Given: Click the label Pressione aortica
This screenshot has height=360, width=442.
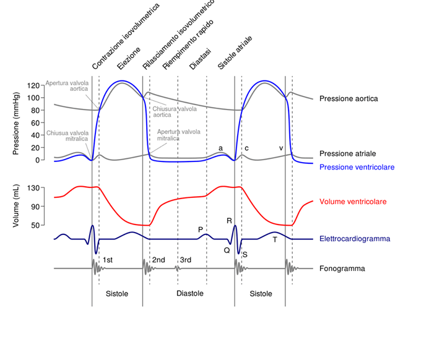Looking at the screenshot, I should tap(349, 98).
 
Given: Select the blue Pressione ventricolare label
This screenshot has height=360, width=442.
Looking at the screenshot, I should tap(357, 167).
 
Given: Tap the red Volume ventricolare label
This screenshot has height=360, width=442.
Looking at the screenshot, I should tap(353, 202).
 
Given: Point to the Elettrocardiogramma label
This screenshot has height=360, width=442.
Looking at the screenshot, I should tap(355, 239).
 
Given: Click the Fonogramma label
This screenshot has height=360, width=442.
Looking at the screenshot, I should tap(342, 268).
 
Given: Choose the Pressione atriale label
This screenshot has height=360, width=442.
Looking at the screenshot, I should tap(348, 153).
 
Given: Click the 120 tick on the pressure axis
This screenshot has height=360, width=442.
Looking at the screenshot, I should tap(33, 85).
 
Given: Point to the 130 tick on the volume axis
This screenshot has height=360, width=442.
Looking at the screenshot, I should tap(33, 187).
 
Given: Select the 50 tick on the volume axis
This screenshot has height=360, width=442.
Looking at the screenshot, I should tap(35, 225).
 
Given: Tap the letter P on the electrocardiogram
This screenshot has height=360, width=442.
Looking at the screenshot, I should tap(201, 229).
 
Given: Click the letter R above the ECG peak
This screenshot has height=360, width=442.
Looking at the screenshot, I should tap(230, 220).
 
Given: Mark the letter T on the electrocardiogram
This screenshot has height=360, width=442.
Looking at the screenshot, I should tap(275, 240).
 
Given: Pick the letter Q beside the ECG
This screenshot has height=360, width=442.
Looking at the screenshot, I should tap(227, 250).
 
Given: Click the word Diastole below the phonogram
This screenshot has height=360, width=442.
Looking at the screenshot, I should tap(191, 293).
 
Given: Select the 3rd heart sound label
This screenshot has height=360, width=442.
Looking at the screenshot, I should tap(185, 260).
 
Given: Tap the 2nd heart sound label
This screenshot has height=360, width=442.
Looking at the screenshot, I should tap(158, 260).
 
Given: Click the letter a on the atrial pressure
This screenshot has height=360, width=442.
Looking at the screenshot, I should tap(220, 148).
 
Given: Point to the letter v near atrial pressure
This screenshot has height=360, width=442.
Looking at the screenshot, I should tap(281, 148).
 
